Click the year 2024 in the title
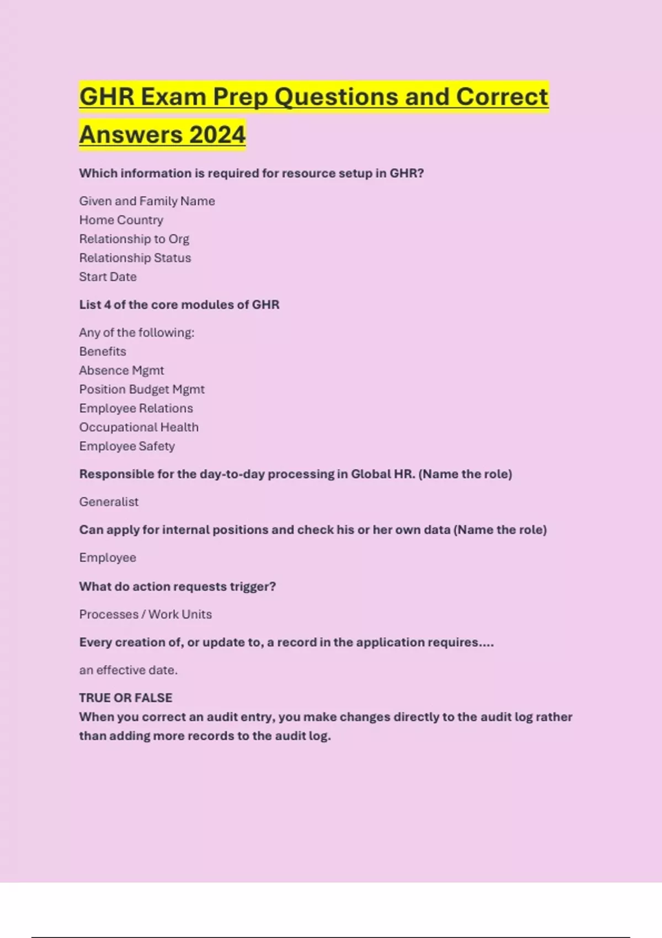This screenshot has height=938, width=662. pos(217,135)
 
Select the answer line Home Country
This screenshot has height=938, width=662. pos(121,220)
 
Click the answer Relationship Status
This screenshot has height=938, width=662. pos(135,258)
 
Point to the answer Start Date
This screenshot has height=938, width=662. pos(108,277)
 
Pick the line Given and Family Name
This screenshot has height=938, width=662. pos(147,201)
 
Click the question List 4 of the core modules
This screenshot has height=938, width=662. pos(179,305)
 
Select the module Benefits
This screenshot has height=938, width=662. pos(103,351)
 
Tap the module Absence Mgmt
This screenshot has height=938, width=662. pos(121,370)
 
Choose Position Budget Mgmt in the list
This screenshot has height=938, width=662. pos(142,390)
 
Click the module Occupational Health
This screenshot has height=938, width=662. pos(139,427)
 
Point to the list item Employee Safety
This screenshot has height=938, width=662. pos(127,446)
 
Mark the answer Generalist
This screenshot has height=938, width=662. pos(109,502)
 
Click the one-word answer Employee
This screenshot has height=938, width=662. pos(108,558)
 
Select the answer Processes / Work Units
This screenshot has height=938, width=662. pos(146,614)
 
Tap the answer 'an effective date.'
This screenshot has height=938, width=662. pos(129,670)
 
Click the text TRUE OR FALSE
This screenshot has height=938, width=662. pos(126,698)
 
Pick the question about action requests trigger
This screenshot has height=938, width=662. pos(178,587)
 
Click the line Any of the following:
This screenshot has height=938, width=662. pos(137,333)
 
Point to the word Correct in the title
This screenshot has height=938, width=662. pos(501,97)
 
